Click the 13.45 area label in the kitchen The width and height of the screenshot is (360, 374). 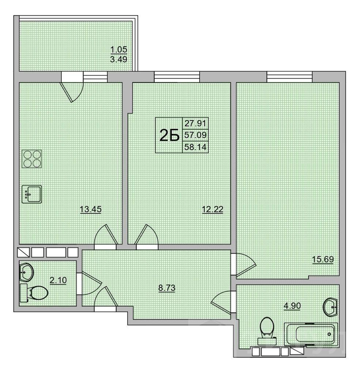(x=91, y=209)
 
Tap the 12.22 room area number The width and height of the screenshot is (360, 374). (x=212, y=209)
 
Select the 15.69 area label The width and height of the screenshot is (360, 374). (x=323, y=259)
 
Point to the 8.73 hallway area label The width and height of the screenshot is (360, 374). (x=167, y=288)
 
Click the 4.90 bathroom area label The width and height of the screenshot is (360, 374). (x=292, y=306)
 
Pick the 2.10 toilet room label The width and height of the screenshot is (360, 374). (x=58, y=280)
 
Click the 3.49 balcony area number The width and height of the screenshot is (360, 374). (x=118, y=59)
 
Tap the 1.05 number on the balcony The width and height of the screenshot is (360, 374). (x=119, y=50)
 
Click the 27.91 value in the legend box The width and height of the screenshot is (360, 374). (x=195, y=123)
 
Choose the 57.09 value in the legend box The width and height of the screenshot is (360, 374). (x=195, y=135)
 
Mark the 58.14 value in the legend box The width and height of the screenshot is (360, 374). (x=195, y=147)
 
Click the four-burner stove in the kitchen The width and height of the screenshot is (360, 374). (x=32, y=159)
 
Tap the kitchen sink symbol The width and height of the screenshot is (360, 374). (x=32, y=194)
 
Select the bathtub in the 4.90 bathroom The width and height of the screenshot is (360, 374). (x=311, y=334)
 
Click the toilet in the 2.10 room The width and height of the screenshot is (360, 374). (x=34, y=293)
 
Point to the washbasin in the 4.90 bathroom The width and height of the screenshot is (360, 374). (x=330, y=307)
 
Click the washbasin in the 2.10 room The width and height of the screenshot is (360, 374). (x=27, y=272)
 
